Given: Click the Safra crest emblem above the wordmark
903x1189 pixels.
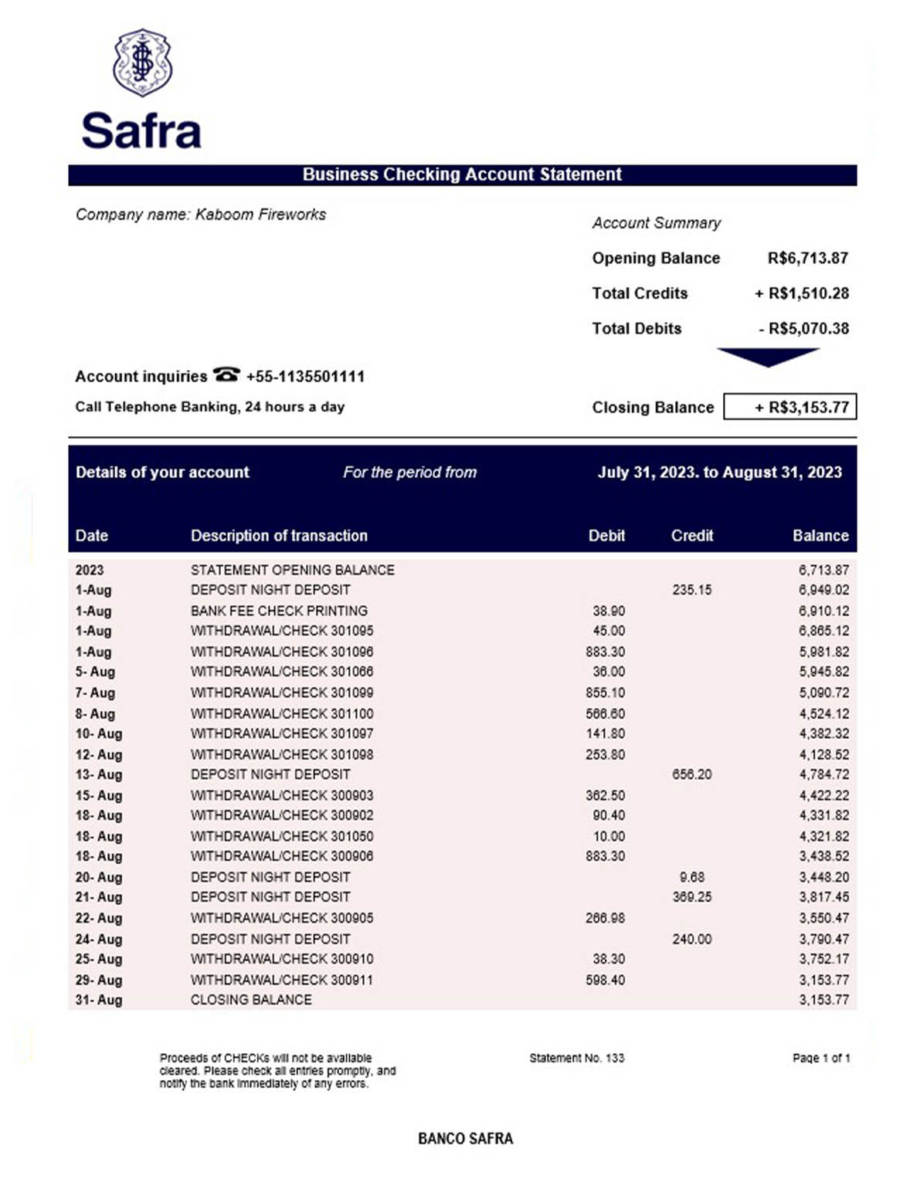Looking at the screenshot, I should [x=142, y=63].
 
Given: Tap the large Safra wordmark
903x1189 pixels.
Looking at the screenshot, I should [x=141, y=130].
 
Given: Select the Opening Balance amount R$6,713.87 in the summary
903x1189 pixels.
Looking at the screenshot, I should [x=807, y=258].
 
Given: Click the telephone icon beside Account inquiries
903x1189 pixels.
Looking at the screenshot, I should [x=226, y=375].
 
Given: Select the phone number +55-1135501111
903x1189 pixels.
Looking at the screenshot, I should [x=305, y=377].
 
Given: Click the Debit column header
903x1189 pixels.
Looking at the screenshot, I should [x=606, y=536].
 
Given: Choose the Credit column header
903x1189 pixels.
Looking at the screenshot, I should [x=691, y=536].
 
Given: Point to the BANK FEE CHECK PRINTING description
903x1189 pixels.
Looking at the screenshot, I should [x=279, y=611].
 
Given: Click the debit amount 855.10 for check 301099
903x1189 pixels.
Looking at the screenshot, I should [x=605, y=693].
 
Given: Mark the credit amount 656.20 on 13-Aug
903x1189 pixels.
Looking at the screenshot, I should [x=691, y=774].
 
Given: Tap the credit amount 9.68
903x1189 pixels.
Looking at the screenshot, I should [x=691, y=877].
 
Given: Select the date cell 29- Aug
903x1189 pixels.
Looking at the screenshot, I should [x=99, y=980].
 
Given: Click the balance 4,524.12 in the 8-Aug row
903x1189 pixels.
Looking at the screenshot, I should [x=823, y=713].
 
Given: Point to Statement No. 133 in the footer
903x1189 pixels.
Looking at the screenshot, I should [x=576, y=1058].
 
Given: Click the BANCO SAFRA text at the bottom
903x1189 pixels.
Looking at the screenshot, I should [x=465, y=1138].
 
